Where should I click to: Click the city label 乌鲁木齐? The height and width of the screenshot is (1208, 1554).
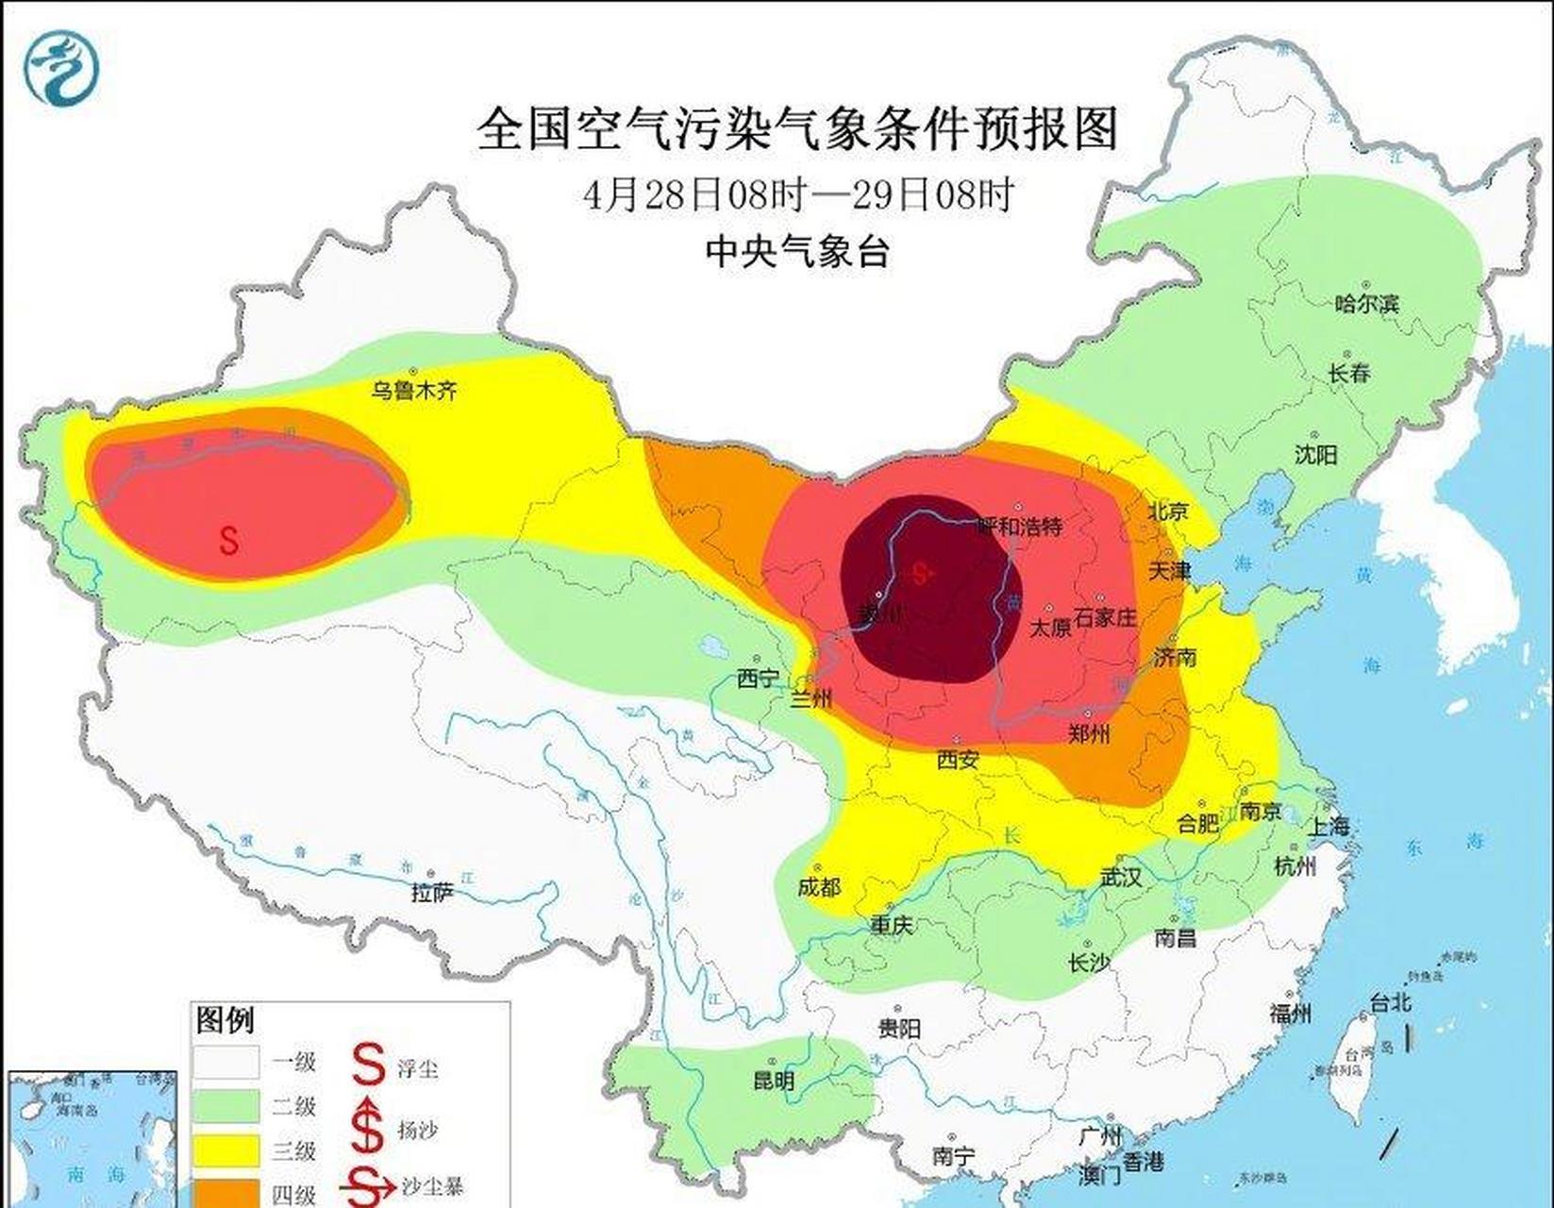(x=413, y=390)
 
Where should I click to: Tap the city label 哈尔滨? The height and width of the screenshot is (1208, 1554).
(x=1367, y=304)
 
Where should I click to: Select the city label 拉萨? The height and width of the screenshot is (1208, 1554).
(x=432, y=891)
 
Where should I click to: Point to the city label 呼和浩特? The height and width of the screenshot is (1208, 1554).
(x=1019, y=526)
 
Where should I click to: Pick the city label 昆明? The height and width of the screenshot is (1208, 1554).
(x=774, y=1081)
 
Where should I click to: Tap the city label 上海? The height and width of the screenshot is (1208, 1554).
(x=1328, y=826)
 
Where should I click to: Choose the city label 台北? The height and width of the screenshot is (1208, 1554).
(x=1390, y=1002)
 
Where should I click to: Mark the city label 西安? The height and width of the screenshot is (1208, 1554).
(x=958, y=759)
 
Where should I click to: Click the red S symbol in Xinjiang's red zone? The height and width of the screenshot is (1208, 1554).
(x=229, y=540)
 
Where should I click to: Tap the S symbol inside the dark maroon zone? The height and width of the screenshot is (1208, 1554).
(x=922, y=572)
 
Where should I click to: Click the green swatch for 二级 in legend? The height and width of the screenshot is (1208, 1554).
(x=226, y=1106)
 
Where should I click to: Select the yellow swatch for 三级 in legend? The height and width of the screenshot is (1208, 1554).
(x=226, y=1150)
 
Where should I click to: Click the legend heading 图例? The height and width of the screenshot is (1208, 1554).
(x=225, y=1020)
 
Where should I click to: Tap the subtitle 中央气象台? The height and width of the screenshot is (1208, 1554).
(x=797, y=251)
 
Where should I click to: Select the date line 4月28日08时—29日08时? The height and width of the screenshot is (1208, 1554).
(x=797, y=195)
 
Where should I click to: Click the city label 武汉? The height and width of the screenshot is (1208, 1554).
(x=1121, y=877)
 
